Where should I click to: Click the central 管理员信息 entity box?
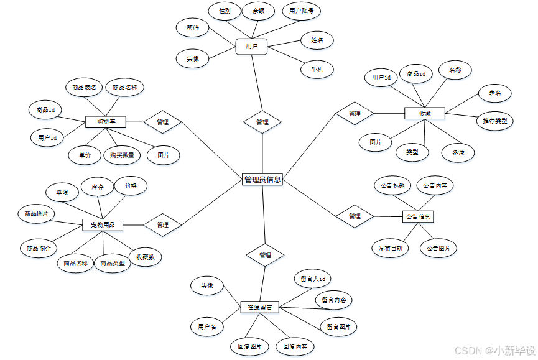point(262,180)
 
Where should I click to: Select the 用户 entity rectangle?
point(251,47)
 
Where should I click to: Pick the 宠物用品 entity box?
point(103,224)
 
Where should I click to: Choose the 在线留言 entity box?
point(259,307)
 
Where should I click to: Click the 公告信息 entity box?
point(418,216)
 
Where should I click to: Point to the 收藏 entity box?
point(425,113)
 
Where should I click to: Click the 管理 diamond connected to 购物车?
point(162,122)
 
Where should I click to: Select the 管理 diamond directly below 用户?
point(262,122)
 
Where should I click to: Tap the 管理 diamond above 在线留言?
point(265,255)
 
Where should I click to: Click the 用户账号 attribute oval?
point(302,11)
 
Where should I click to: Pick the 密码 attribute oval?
point(193,28)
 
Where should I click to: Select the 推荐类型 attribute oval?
point(494,121)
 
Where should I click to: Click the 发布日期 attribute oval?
point(390,248)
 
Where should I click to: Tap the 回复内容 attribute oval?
point(295,346)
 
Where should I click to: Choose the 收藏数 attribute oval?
point(145,257)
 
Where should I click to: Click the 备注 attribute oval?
point(458,152)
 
